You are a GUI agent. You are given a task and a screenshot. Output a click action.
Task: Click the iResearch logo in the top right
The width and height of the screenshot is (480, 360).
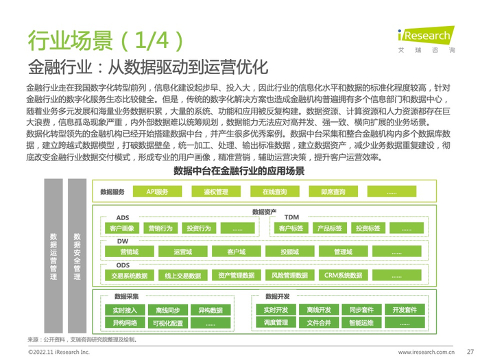click(425, 36)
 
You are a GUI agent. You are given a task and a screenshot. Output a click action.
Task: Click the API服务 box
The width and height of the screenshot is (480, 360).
click(156, 192)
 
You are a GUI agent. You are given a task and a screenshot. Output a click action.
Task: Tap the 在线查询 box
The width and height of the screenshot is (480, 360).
click(274, 192)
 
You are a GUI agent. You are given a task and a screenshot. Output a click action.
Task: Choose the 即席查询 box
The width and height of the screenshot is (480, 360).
click(333, 192)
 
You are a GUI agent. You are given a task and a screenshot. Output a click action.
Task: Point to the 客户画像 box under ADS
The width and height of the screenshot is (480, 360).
click(121, 228)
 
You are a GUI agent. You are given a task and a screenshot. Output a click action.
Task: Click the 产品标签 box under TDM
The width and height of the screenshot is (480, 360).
click(329, 228)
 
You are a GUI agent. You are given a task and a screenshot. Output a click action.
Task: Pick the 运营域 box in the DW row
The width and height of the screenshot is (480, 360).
click(183, 252)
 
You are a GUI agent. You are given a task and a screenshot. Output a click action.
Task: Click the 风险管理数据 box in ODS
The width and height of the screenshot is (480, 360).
click(289, 276)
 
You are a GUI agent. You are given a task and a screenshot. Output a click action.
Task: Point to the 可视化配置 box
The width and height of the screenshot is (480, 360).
click(167, 323)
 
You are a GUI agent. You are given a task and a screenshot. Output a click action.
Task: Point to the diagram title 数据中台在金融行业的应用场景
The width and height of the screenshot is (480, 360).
click(239, 170)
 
